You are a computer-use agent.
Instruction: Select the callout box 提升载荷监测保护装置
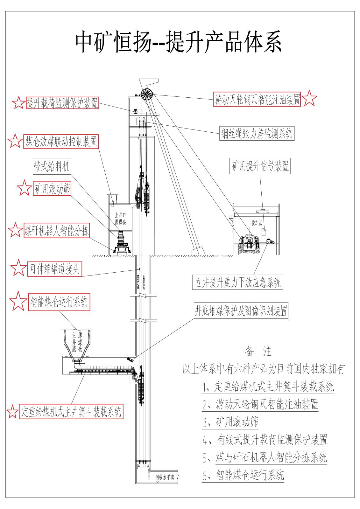coord(62,103)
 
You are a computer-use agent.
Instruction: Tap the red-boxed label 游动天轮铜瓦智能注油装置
coord(257,99)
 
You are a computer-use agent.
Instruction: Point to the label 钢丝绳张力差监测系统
coord(257,134)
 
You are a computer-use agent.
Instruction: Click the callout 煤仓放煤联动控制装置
coord(61,142)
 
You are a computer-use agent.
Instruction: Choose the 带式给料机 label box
coord(52,167)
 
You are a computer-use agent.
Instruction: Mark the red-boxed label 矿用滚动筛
coord(52,190)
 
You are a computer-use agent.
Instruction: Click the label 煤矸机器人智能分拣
coord(57,230)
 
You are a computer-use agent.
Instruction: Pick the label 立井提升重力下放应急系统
coord(238,282)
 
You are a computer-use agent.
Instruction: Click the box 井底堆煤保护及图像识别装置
coord(241,310)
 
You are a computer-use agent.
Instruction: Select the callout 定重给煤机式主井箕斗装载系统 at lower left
coord(71,412)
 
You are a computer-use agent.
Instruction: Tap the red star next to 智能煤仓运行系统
coord(18,301)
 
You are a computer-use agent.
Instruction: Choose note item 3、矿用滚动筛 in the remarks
coord(230,422)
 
